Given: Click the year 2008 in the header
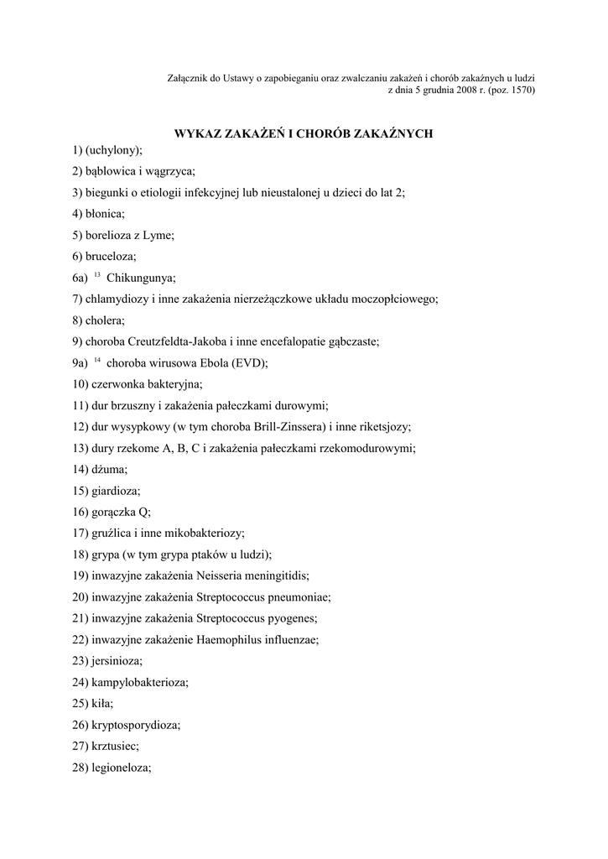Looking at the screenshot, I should coord(458,90).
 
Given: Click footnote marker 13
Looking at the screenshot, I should coord(97,274).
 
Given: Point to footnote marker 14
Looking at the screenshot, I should coord(97,360).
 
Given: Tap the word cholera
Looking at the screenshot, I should coord(106,320).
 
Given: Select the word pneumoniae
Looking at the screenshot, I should coord(293,597).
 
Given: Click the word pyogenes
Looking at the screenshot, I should coord(288,618).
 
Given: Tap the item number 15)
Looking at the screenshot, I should coord(81,491).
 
